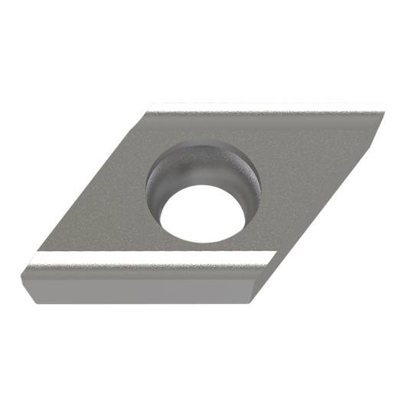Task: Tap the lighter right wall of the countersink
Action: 249,184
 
